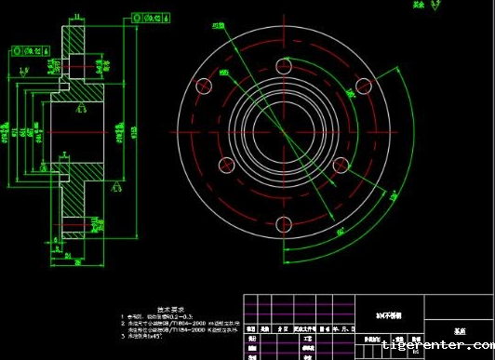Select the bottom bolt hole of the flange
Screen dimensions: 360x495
[x=284, y=222]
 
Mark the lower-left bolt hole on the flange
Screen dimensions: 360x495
[x=225, y=165]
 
